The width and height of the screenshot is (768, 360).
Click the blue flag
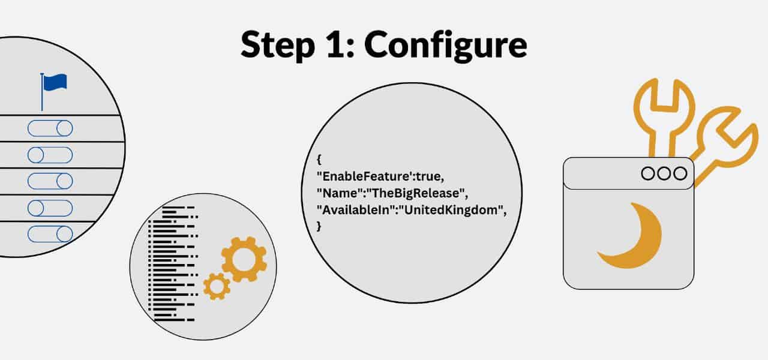[x=55, y=82]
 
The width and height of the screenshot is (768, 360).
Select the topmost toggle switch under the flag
[x=50, y=128]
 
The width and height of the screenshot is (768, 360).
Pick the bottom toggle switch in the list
[x=50, y=234]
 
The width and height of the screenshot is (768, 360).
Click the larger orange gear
[x=244, y=259]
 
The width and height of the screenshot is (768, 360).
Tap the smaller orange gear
[x=217, y=286]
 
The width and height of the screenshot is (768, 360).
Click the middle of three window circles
[x=664, y=173]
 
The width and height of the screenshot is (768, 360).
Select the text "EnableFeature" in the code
[x=358, y=176]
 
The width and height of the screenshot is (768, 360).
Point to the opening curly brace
[x=319, y=160]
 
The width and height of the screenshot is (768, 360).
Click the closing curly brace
[x=319, y=227]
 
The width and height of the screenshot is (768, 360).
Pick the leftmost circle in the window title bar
[x=649, y=173]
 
